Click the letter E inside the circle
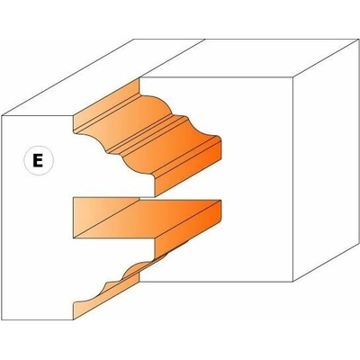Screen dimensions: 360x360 (38, 160)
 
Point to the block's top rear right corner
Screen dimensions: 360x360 (359, 40)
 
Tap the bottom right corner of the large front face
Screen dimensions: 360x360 (292, 282)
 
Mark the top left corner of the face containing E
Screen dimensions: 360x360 (2, 115)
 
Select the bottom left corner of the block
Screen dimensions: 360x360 (2, 320)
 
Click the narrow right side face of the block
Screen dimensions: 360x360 (326, 160)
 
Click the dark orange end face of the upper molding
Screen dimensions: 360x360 (188, 169)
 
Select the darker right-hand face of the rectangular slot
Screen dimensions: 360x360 (188, 226)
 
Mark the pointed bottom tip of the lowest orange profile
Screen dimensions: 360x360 (74, 319)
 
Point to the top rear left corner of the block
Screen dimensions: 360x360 (134, 40)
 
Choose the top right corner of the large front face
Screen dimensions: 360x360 (292, 77)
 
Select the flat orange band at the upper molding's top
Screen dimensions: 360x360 (106, 105)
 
